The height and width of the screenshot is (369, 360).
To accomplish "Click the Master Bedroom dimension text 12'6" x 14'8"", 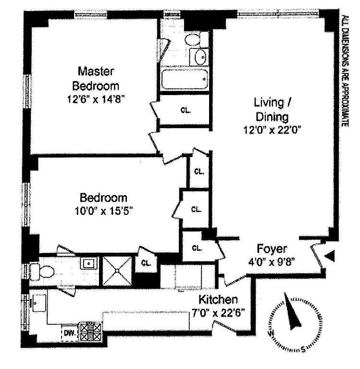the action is pyautogui.click(x=96, y=99).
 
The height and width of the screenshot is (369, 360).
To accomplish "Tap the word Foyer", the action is pyautogui.click(x=272, y=249).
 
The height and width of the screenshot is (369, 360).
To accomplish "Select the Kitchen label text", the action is pyautogui.click(x=218, y=300).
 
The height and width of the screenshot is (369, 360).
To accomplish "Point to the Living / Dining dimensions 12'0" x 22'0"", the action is pyautogui.click(x=273, y=130).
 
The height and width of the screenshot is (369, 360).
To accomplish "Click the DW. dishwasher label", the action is pyautogui.click(x=70, y=333).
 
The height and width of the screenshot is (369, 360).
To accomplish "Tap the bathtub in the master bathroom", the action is pyautogui.click(x=185, y=79).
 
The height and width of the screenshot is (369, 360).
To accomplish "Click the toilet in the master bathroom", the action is pyautogui.click(x=192, y=39).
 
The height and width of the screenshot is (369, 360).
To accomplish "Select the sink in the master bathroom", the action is pyautogui.click(x=199, y=57).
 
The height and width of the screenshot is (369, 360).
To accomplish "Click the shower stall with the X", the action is pyautogui.click(x=117, y=271).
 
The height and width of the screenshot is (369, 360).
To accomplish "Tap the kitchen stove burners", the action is pyautogui.click(x=91, y=332).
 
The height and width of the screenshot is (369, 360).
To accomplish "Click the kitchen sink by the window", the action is pyautogui.click(x=39, y=303).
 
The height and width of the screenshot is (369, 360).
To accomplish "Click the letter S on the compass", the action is pyautogui.click(x=303, y=349).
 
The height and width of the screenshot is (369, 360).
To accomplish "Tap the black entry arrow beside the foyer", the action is pyautogui.click(x=330, y=256).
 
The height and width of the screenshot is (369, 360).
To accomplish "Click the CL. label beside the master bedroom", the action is pyautogui.click(x=186, y=110).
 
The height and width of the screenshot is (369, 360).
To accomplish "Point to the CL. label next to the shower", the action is pyautogui.click(x=146, y=263).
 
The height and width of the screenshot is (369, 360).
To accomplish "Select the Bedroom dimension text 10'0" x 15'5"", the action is pyautogui.click(x=104, y=210).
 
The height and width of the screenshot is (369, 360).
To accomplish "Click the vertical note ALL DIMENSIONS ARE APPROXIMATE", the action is pyautogui.click(x=345, y=71).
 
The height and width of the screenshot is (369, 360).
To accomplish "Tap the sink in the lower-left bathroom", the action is pyautogui.click(x=89, y=263).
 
